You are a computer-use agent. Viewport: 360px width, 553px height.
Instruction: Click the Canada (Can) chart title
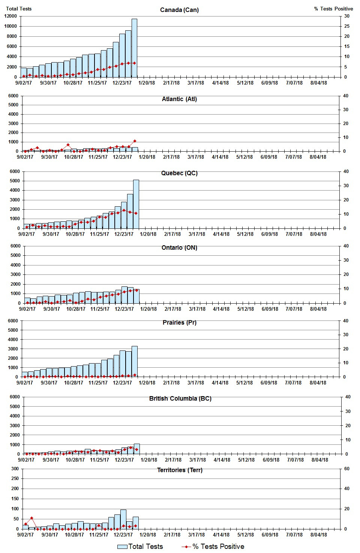click(179, 10)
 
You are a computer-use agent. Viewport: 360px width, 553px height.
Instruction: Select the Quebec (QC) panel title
click(179, 173)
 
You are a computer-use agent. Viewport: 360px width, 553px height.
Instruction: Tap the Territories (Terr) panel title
click(180, 470)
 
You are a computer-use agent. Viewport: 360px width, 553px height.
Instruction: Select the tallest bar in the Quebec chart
click(136, 204)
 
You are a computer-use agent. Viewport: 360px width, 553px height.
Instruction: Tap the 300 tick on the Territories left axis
click(15, 469)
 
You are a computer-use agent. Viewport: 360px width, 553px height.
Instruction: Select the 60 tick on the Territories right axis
click(347, 469)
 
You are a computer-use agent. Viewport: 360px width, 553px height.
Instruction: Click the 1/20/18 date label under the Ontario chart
click(148, 309)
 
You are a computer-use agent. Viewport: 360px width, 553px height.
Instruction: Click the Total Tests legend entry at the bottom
click(140, 547)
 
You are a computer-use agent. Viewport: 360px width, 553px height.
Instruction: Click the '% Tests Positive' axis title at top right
click(333, 9)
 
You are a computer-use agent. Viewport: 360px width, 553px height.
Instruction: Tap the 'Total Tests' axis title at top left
click(19, 9)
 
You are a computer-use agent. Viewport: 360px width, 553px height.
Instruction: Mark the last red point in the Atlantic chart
click(135, 141)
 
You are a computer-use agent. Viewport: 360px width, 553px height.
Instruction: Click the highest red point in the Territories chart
click(32, 518)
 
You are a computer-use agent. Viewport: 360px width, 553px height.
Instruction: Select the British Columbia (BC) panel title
click(180, 399)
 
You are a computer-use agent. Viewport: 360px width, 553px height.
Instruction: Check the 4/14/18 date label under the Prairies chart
click(220, 383)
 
